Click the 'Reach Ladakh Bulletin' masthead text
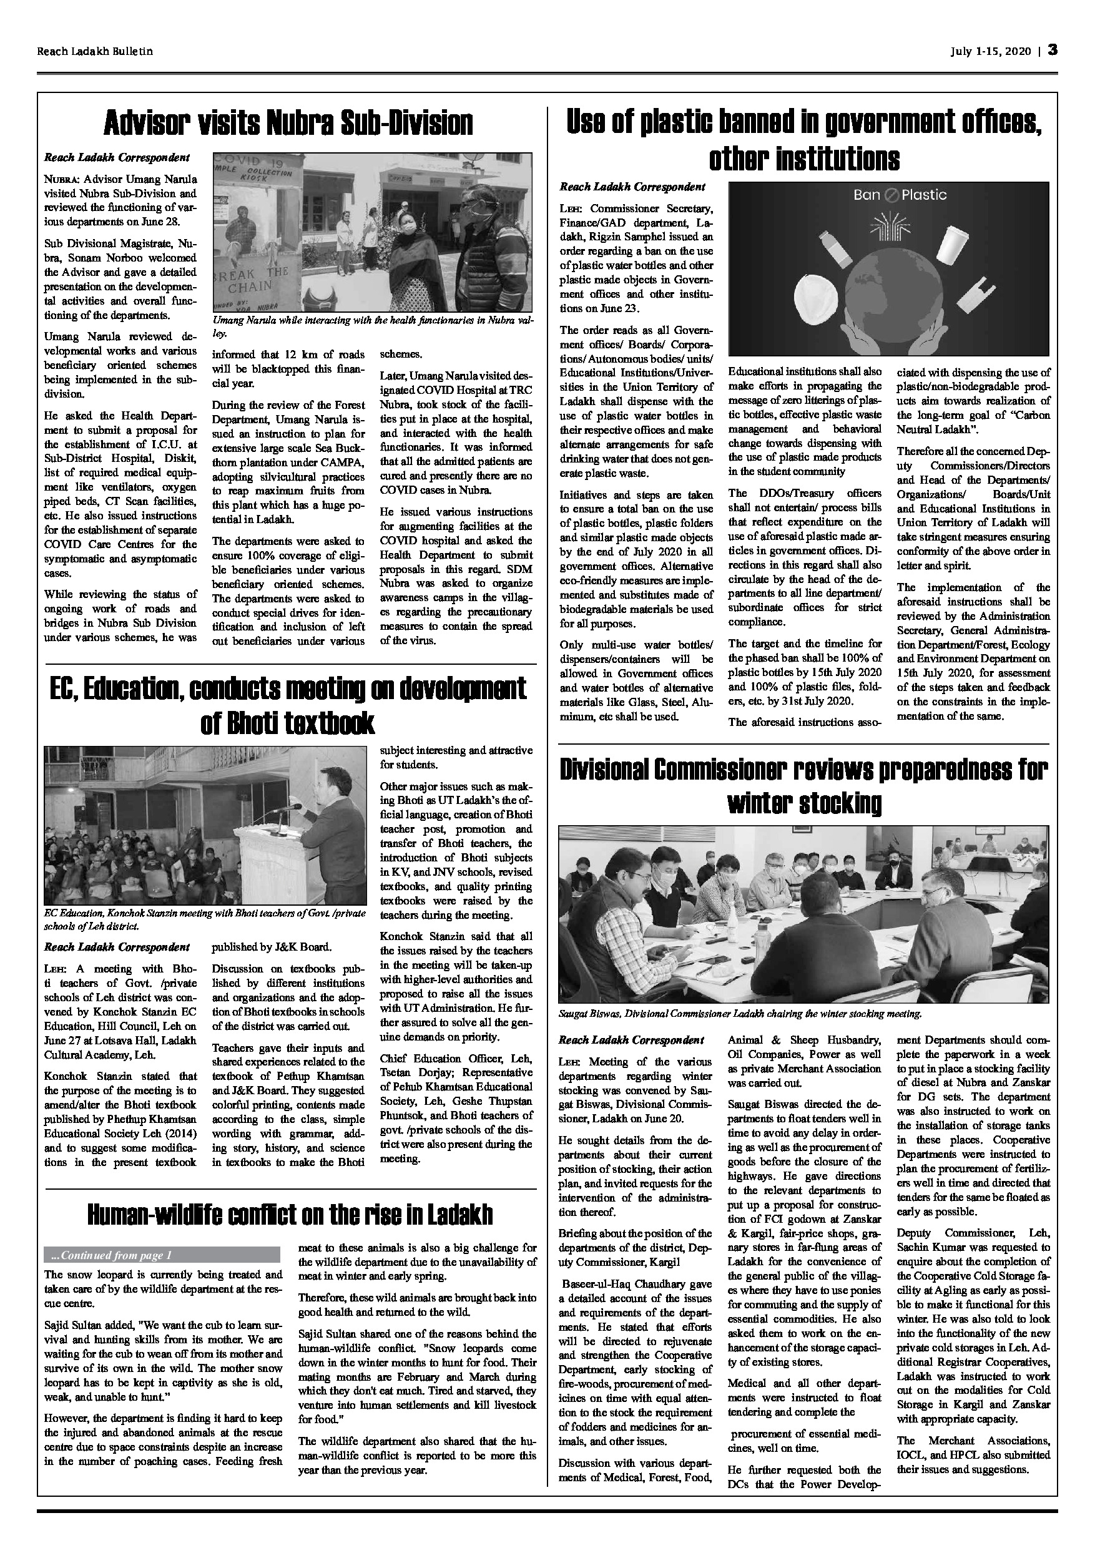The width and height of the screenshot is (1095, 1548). (x=95, y=51)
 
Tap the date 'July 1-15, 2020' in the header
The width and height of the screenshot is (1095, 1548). (x=991, y=51)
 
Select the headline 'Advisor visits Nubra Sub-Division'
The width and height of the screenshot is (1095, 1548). (x=288, y=124)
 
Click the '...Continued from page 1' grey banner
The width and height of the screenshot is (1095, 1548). (x=162, y=1255)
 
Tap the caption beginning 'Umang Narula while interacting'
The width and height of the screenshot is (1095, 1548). (x=373, y=321)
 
